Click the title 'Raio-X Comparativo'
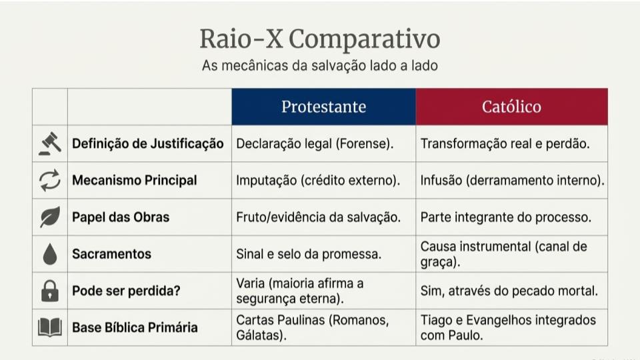[x=320, y=39]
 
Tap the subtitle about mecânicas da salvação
[x=320, y=67]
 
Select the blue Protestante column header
[x=323, y=107]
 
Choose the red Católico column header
[x=511, y=107]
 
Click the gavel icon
[x=50, y=144]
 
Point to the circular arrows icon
[x=50, y=181]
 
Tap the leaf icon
[x=50, y=217]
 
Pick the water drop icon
[x=50, y=254]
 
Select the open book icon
[x=50, y=327]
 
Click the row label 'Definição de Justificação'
[x=147, y=144]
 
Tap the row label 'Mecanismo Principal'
[x=134, y=181]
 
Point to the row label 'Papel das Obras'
[x=121, y=217]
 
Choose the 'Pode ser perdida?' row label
[x=127, y=291]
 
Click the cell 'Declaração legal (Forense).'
[x=315, y=144]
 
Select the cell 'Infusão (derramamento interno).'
[x=512, y=181]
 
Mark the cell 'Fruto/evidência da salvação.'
[x=318, y=217]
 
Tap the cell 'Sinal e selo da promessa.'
[x=309, y=254]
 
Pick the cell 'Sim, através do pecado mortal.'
[x=509, y=291]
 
